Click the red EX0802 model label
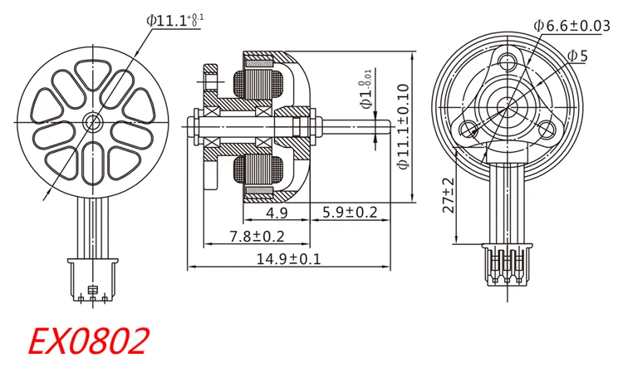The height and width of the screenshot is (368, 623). click(x=88, y=341)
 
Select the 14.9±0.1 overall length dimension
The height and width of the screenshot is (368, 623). click(x=288, y=259)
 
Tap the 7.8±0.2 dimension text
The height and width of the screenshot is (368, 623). click(x=257, y=237)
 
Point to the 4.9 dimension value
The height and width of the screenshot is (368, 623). click(x=277, y=213)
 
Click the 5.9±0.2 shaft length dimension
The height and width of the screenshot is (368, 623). click(x=350, y=212)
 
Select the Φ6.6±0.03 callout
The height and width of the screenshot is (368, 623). click(x=571, y=26)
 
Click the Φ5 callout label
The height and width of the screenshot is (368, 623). click(x=577, y=56)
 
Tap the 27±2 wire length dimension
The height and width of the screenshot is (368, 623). click(x=449, y=195)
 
